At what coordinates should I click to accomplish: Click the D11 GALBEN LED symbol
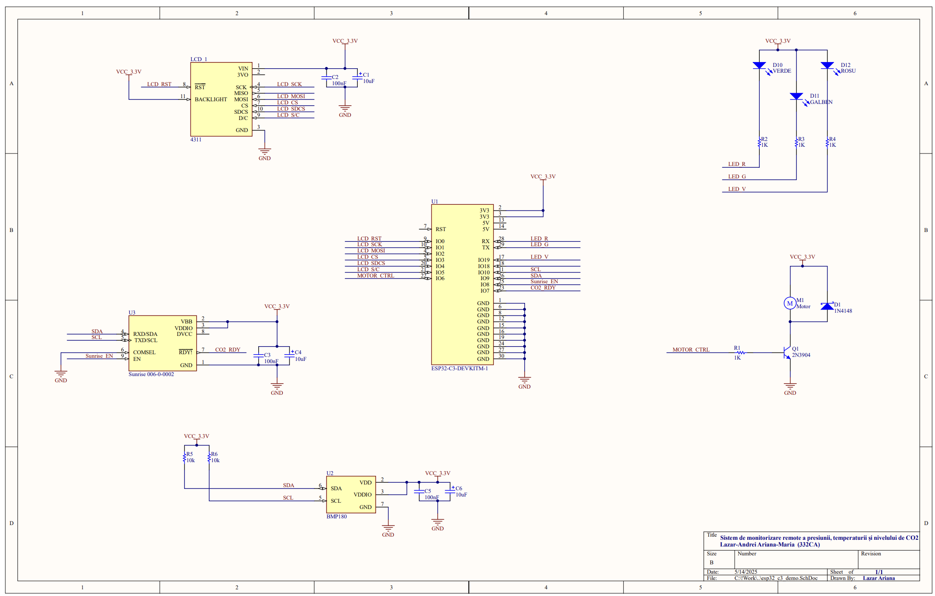click(x=796, y=96)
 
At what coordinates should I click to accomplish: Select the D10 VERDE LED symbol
click(x=759, y=66)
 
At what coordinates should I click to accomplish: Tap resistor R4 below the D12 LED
click(x=827, y=143)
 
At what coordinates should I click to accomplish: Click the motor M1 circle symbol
click(x=790, y=303)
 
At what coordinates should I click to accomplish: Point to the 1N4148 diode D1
click(x=827, y=306)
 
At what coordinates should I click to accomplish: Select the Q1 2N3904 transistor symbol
click(x=787, y=352)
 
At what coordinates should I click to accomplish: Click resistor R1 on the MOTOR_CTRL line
click(x=740, y=352)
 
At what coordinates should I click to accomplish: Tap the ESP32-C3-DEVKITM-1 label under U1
click(x=459, y=368)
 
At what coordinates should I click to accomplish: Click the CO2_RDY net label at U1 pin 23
click(x=542, y=288)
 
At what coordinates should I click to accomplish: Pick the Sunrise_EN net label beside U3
click(x=99, y=356)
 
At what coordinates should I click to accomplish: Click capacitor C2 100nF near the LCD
click(x=327, y=78)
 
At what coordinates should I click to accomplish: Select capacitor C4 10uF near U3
click(x=290, y=356)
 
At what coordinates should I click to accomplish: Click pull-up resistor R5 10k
click(x=184, y=458)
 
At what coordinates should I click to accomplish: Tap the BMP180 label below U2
click(x=336, y=517)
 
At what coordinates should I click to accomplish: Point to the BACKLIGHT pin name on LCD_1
click(x=211, y=99)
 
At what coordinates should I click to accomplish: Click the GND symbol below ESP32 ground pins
click(x=524, y=381)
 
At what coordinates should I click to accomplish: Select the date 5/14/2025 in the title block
click(x=745, y=572)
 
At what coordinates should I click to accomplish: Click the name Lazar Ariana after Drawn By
click(x=878, y=578)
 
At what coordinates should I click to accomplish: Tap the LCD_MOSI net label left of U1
click(x=371, y=251)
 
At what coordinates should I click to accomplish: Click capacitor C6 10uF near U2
click(x=450, y=492)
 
